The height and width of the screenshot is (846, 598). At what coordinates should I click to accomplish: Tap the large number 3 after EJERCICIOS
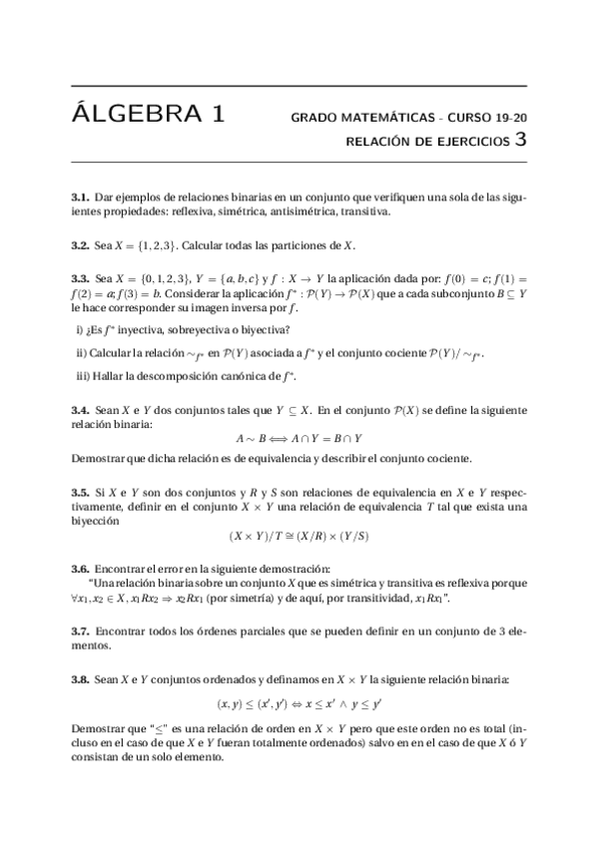[x=519, y=141]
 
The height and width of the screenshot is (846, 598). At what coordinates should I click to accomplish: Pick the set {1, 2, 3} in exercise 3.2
[x=162, y=244]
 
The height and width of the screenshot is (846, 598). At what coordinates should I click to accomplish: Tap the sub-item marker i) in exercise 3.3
[x=81, y=329]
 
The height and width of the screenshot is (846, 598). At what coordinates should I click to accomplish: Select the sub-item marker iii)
[x=84, y=375]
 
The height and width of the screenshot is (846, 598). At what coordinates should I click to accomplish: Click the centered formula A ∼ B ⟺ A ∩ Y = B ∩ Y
[x=299, y=438]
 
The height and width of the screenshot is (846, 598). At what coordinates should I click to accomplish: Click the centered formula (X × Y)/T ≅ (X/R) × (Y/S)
[x=299, y=535]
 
